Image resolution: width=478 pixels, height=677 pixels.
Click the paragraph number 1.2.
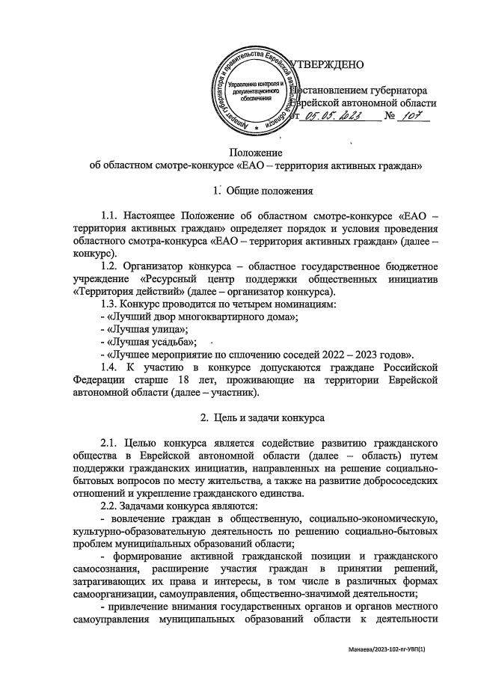(x=110, y=266)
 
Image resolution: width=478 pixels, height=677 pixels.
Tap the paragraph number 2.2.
(x=110, y=506)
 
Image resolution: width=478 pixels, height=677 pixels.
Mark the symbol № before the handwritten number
(x=390, y=116)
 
